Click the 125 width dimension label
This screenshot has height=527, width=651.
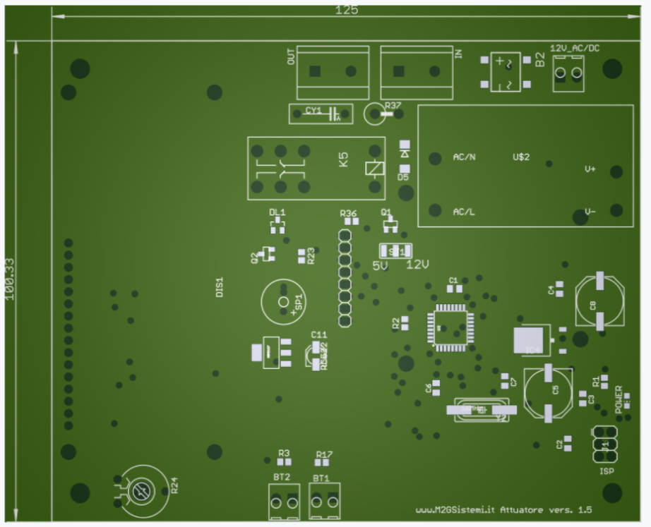point(346,10)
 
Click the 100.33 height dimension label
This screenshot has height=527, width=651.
point(10,278)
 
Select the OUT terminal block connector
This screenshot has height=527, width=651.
point(333,72)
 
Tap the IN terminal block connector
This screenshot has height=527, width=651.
point(417,72)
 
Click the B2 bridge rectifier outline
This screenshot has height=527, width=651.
point(506,72)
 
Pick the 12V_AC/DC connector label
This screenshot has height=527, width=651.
point(575,48)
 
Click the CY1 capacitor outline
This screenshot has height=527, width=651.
point(321,113)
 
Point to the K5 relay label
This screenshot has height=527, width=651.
point(343,159)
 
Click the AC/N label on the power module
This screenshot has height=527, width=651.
point(464,157)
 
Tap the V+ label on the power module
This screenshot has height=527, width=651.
point(590,169)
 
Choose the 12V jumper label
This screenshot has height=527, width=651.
point(417,265)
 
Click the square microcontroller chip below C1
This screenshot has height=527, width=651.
point(450,327)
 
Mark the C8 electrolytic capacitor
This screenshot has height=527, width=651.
point(599,301)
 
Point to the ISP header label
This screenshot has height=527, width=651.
point(607,471)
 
